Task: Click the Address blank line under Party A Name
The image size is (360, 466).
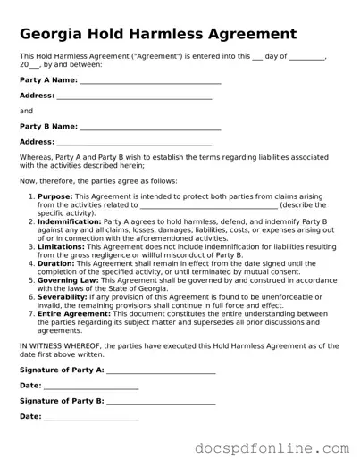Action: tap(134, 96)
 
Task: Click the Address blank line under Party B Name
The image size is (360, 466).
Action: tap(134, 142)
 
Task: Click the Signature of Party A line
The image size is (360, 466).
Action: tap(161, 370)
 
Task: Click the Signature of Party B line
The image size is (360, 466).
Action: tap(161, 401)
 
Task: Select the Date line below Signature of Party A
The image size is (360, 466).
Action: tap(90, 386)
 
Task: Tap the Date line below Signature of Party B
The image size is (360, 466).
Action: tap(90, 417)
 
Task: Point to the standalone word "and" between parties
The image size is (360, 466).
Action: tap(26, 111)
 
